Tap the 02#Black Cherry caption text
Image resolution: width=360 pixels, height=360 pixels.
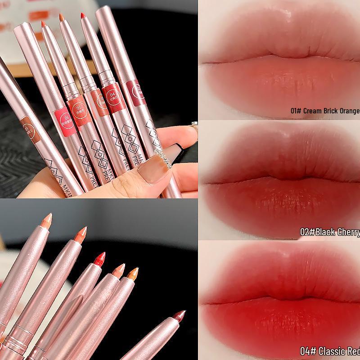pos(330,232)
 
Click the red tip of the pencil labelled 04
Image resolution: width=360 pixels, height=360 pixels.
pos(83,17)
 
